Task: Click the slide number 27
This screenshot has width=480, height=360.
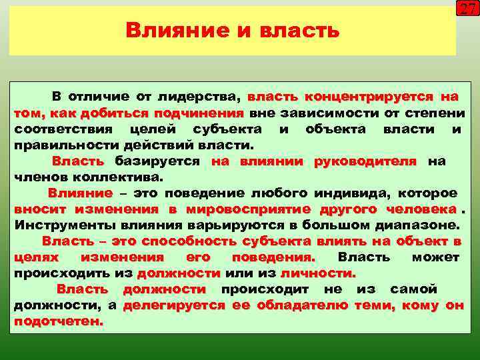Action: (x=465, y=9)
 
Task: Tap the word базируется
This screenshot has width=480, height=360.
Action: (x=157, y=161)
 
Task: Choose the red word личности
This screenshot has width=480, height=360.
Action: (x=317, y=273)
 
